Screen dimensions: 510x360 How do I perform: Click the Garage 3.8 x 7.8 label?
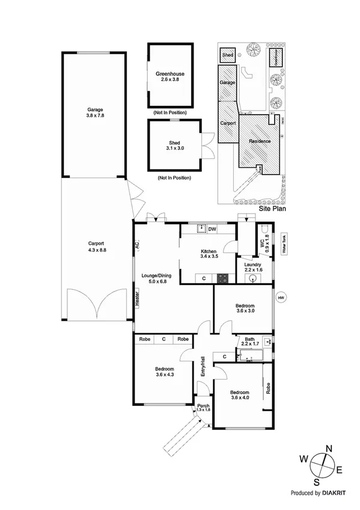pyautogui.click(x=94, y=113)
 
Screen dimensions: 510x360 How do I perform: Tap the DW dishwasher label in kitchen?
pyautogui.click(x=212, y=229)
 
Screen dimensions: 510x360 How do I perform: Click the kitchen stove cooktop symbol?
pyautogui.click(x=222, y=278)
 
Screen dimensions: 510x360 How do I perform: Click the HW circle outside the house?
pyautogui.click(x=281, y=298)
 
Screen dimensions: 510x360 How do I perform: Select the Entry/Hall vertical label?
pyautogui.click(x=203, y=367)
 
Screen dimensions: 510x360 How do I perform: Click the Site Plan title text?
pyautogui.click(x=271, y=209)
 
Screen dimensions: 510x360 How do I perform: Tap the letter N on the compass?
pyautogui.click(x=329, y=448)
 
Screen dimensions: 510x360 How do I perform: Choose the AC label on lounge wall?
pyautogui.click(x=137, y=246)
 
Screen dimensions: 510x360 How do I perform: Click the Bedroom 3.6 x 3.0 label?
pyautogui.click(x=249, y=308)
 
